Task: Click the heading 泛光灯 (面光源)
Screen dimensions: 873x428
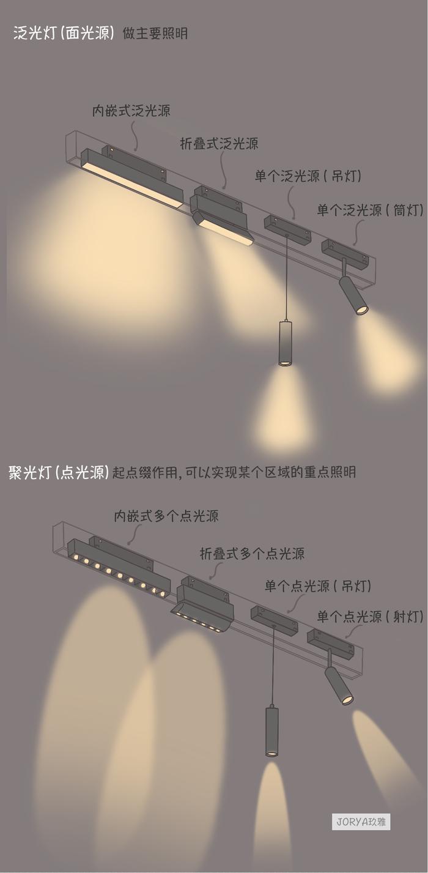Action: pos(64,33)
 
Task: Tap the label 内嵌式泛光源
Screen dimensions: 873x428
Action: pos(131,111)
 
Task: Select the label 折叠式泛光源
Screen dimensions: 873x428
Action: pos(219,144)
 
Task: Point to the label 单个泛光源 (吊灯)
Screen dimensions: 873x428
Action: pos(308,177)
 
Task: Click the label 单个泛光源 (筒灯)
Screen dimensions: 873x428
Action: pos(370,210)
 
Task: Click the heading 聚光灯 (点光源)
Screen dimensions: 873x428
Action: pos(59,472)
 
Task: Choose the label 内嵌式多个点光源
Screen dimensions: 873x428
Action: pos(166,516)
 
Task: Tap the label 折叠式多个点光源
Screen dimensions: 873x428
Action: pos(252,554)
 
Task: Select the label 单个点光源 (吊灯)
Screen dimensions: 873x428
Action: pos(317,586)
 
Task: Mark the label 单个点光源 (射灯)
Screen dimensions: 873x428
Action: pos(370,617)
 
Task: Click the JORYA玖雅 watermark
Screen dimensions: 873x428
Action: pos(363,822)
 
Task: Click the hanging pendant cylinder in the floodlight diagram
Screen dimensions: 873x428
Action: pos(285,343)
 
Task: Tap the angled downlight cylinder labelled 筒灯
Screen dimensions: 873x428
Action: pos(353,296)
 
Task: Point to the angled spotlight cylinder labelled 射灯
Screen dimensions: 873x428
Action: pos(338,685)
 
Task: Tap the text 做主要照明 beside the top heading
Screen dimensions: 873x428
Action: pos(155,34)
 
